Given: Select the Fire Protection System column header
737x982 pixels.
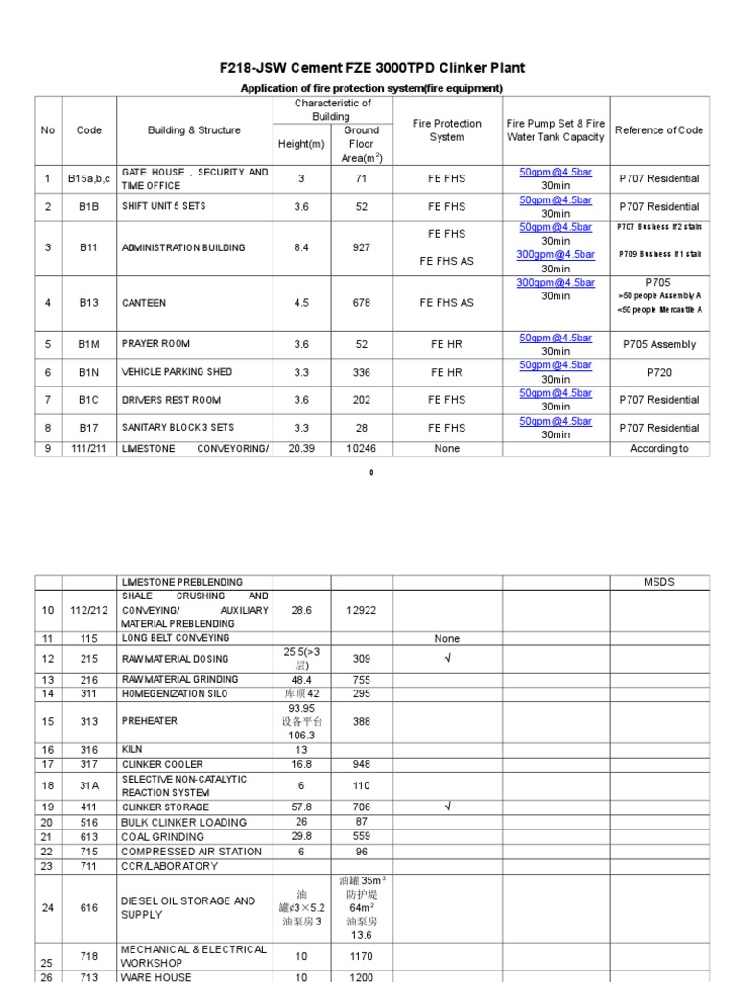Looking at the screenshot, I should (446, 130).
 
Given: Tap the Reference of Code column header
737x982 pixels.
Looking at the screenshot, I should (659, 130).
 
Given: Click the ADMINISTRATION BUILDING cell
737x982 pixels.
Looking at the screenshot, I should (183, 247).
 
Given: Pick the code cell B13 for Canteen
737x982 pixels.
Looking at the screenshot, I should (88, 303).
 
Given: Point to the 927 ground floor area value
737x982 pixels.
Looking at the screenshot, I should (362, 247).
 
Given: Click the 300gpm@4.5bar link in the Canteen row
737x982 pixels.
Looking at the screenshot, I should (556, 283).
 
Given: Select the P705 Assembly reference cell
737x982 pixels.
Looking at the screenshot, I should (659, 344).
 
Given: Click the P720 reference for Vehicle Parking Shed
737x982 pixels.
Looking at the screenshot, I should (659, 372).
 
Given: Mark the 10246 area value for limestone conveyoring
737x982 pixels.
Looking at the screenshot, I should (362, 449).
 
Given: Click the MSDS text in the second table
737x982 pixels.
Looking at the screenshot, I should (659, 582).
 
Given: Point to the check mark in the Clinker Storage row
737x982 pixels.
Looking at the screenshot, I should (446, 807).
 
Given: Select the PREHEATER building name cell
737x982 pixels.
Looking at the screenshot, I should (151, 722).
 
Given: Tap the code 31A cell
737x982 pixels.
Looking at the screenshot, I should (88, 786).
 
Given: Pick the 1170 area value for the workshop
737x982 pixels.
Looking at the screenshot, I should (362, 956).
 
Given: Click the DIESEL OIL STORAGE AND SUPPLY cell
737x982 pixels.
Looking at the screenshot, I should (188, 907).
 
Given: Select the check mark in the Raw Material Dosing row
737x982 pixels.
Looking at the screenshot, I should (446, 659).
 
